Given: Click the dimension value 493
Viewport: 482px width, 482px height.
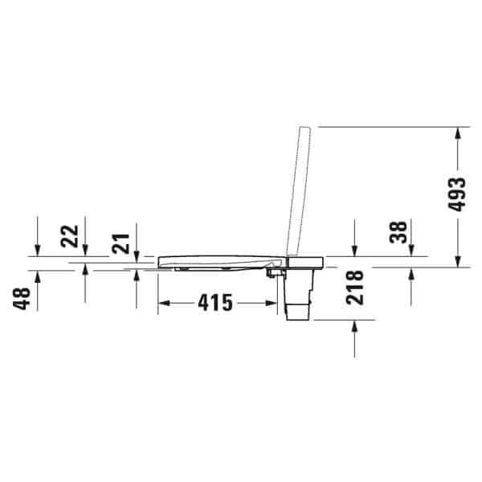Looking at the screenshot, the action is pyautogui.click(x=457, y=194).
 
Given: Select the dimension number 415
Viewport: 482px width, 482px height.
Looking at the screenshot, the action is pyautogui.click(x=215, y=303).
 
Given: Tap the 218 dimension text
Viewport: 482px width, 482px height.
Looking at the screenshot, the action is pyautogui.click(x=354, y=288).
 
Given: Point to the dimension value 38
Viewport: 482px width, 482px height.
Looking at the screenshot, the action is pyautogui.click(x=398, y=232).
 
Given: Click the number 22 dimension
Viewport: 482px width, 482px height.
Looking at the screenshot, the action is pyautogui.click(x=69, y=236).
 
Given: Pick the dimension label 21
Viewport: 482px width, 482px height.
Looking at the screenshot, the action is pyautogui.click(x=120, y=243).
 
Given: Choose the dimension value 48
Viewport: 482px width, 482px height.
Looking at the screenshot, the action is pyautogui.click(x=22, y=299).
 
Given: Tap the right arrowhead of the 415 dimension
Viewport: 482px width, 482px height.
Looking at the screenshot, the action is pyautogui.click(x=272, y=303).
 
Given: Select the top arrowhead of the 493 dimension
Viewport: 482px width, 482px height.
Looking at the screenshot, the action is pyautogui.click(x=458, y=133).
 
